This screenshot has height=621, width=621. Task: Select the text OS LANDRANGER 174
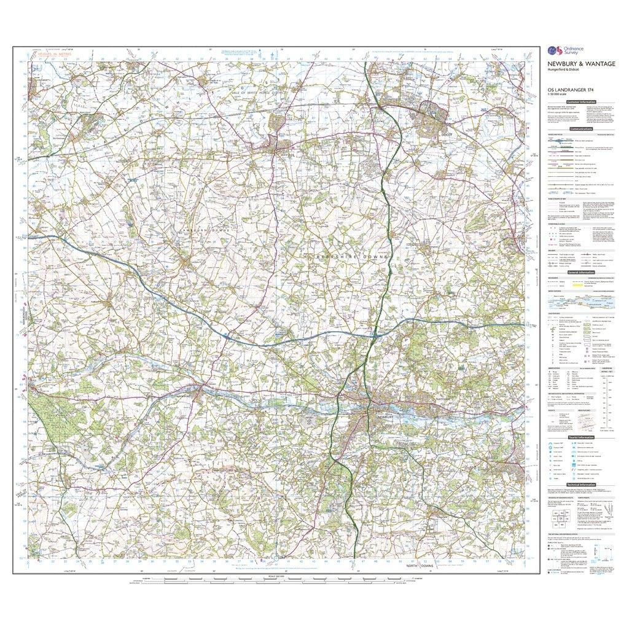(x=563, y=92)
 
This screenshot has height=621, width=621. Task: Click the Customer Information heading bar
(x=580, y=101)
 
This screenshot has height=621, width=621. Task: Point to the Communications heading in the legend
(x=580, y=129)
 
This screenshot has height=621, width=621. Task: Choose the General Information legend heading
(x=580, y=271)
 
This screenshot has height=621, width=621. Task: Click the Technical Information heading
(x=580, y=485)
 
